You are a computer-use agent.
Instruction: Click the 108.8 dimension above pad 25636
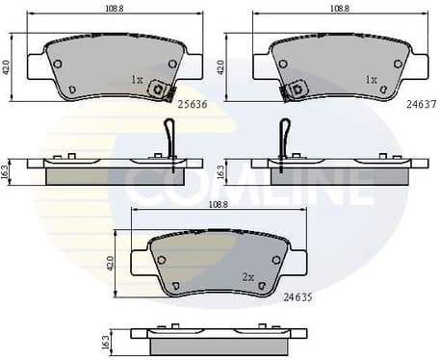(115, 9)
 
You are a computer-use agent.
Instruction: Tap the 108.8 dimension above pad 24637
(340, 9)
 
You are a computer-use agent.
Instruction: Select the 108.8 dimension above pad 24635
(218, 205)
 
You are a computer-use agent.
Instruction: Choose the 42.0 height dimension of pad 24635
(111, 261)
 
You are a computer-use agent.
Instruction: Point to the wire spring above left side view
(169, 136)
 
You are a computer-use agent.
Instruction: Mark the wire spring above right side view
(284, 136)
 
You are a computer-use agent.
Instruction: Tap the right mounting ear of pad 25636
(193, 64)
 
